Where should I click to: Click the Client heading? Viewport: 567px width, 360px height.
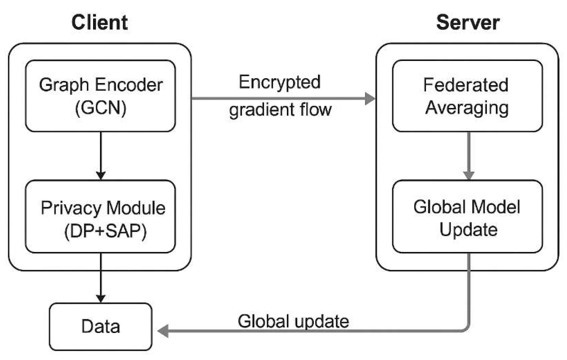tap(100, 22)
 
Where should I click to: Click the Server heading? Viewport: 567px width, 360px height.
tap(467, 22)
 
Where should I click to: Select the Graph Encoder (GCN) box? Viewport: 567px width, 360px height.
tap(100, 96)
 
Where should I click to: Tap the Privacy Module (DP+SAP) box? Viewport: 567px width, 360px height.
tap(100, 216)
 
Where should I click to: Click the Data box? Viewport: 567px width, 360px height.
tap(100, 327)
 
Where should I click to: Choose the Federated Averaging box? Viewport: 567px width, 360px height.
tap(467, 96)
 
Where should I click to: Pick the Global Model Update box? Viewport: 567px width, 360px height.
tap(467, 216)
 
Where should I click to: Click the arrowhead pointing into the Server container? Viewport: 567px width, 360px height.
tap(370, 98)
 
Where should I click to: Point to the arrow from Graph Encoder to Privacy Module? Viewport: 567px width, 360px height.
tap(101, 155)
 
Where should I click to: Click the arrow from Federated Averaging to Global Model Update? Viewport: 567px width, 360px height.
tap(468, 155)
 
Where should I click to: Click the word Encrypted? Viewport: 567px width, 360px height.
tap(279, 82)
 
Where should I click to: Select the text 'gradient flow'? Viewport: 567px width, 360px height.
tap(280, 110)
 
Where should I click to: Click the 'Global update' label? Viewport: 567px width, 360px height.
tap(293, 321)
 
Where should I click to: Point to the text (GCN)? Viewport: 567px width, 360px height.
tap(101, 108)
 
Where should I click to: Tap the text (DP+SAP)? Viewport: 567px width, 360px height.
tap(105, 231)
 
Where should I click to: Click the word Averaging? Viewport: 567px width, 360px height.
tap(467, 108)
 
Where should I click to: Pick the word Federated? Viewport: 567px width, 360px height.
tap(465, 85)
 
